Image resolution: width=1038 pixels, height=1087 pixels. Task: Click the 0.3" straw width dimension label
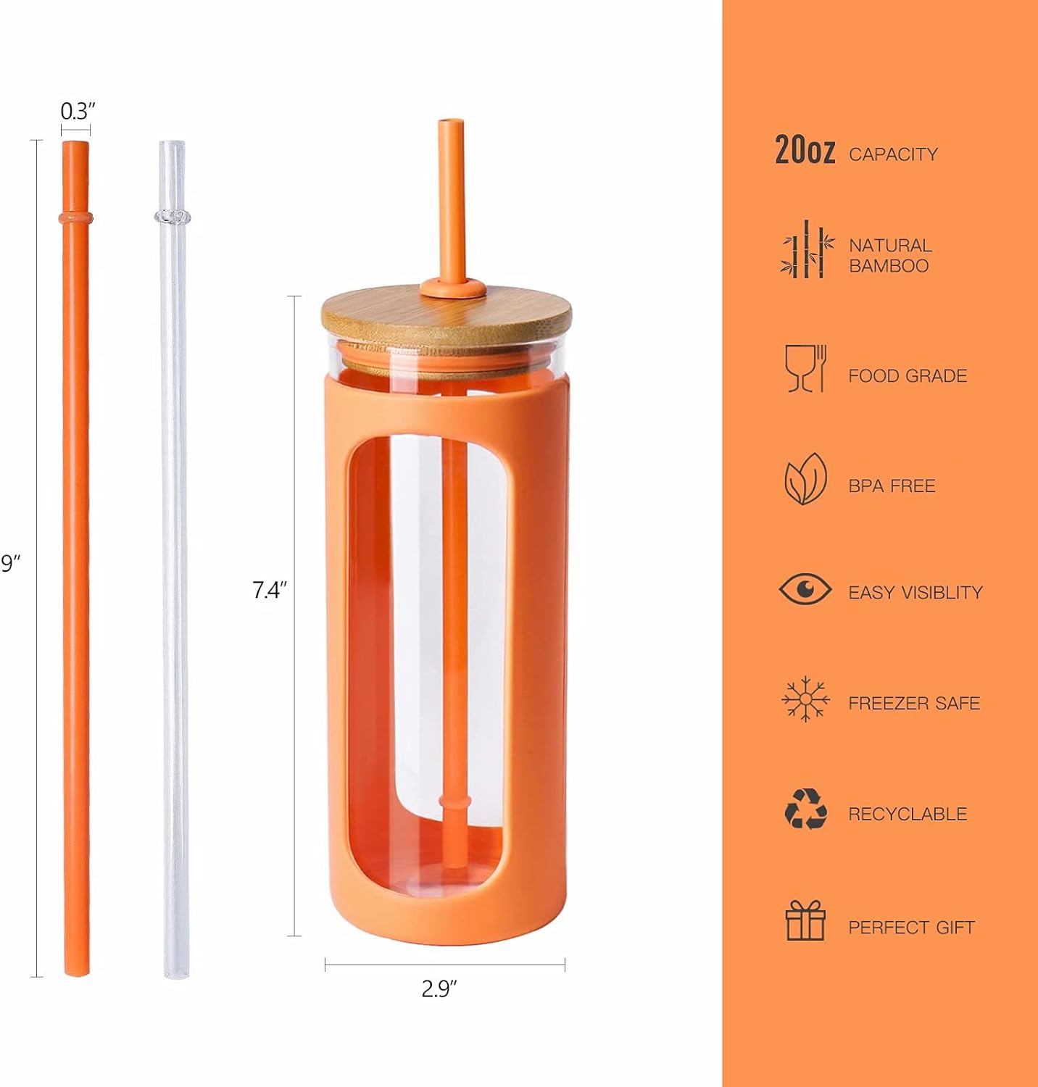(78, 112)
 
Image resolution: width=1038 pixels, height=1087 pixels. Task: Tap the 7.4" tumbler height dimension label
(270, 590)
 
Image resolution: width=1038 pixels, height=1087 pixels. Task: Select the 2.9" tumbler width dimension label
(439, 988)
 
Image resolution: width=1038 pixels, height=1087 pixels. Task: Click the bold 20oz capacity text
(805, 150)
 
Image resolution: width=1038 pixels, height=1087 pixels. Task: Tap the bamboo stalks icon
(806, 250)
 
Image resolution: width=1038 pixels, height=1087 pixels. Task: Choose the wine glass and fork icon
(805, 369)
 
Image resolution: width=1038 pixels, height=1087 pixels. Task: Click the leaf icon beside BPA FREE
(805, 479)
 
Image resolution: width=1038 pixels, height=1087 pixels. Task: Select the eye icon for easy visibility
(805, 588)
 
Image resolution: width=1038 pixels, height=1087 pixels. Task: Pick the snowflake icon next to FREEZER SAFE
(805, 699)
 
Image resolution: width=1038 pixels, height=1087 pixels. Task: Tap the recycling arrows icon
(805, 809)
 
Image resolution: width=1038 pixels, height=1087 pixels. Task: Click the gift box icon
(805, 920)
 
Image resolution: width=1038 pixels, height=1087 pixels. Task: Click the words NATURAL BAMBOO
(890, 256)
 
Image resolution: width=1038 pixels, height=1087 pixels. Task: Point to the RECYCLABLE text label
(908, 814)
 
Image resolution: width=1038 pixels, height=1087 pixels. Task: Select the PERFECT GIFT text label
(911, 928)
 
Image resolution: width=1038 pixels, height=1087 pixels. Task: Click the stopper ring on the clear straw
(173, 217)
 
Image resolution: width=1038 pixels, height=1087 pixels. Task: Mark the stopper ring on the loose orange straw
(75, 217)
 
